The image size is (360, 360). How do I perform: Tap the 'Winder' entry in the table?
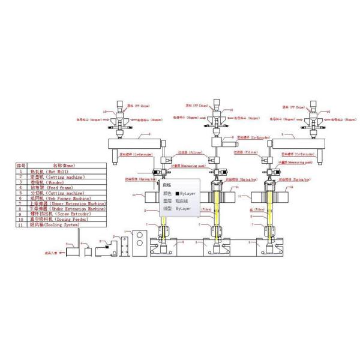coord(48,182)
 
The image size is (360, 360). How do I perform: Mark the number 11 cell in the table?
coord(20,226)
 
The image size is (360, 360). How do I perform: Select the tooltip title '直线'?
coord(167,185)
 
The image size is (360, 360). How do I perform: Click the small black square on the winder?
coord(106,245)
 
